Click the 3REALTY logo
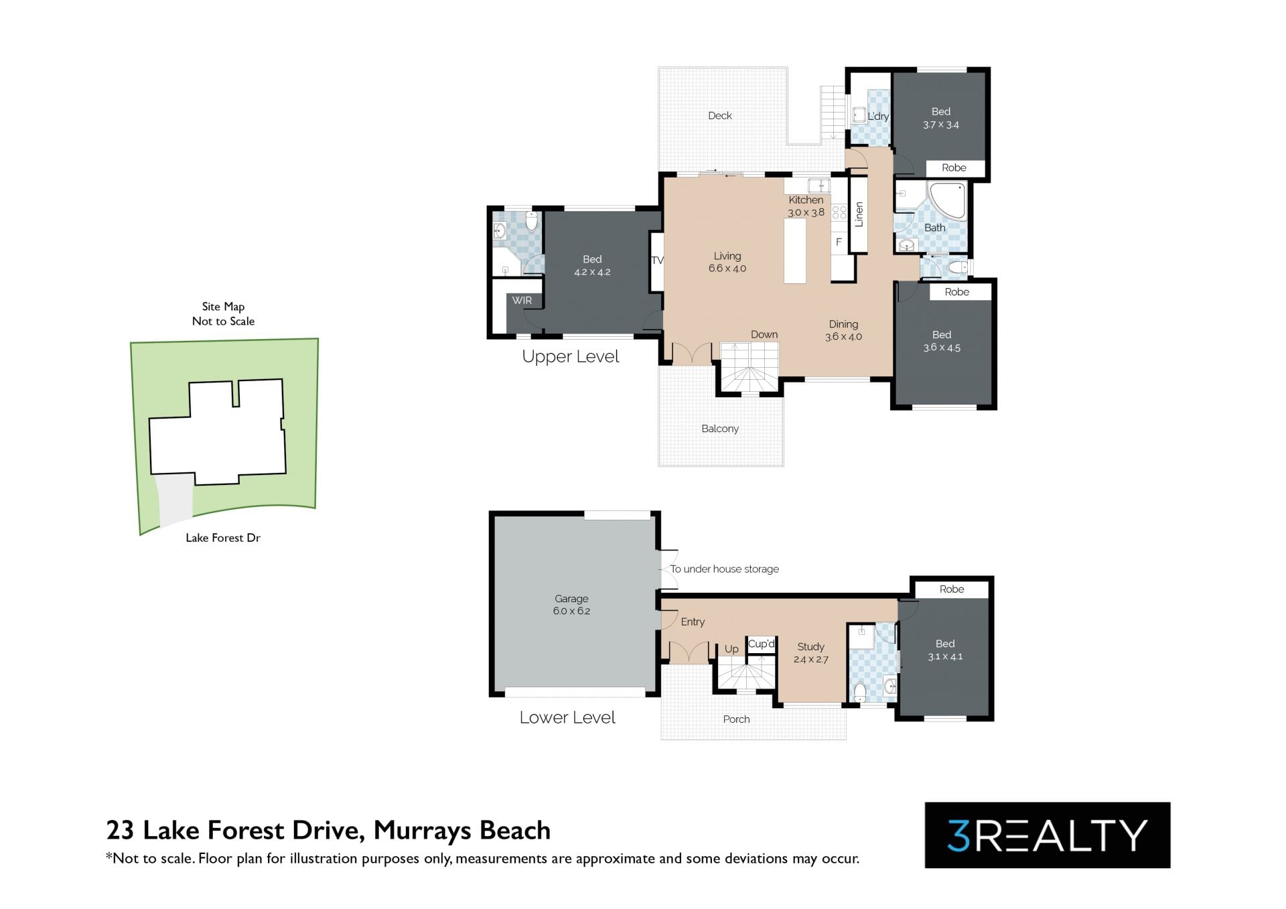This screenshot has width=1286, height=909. point(1048,835)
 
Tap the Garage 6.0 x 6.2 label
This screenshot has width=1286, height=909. point(571,605)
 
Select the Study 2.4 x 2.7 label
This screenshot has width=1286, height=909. point(810,653)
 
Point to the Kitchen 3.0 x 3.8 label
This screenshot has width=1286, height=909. point(806,206)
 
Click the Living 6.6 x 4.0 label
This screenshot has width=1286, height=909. point(727,262)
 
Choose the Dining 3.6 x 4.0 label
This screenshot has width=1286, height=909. point(843,330)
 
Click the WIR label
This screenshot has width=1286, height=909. point(522,301)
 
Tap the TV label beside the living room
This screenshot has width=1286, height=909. point(657,261)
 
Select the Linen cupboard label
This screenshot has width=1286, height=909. point(859,214)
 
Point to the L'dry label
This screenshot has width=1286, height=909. point(878,117)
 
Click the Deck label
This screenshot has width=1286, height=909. point(720,116)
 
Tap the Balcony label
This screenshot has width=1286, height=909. point(720,429)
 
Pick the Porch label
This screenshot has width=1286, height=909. point(736,719)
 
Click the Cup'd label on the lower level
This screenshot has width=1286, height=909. point(762,644)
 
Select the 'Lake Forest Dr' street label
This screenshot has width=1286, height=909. point(223,538)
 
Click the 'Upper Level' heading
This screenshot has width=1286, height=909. point(571,357)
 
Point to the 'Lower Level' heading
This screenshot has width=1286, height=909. point(567,717)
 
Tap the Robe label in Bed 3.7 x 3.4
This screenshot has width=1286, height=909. point(954,168)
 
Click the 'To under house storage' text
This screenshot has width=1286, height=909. point(724,569)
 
